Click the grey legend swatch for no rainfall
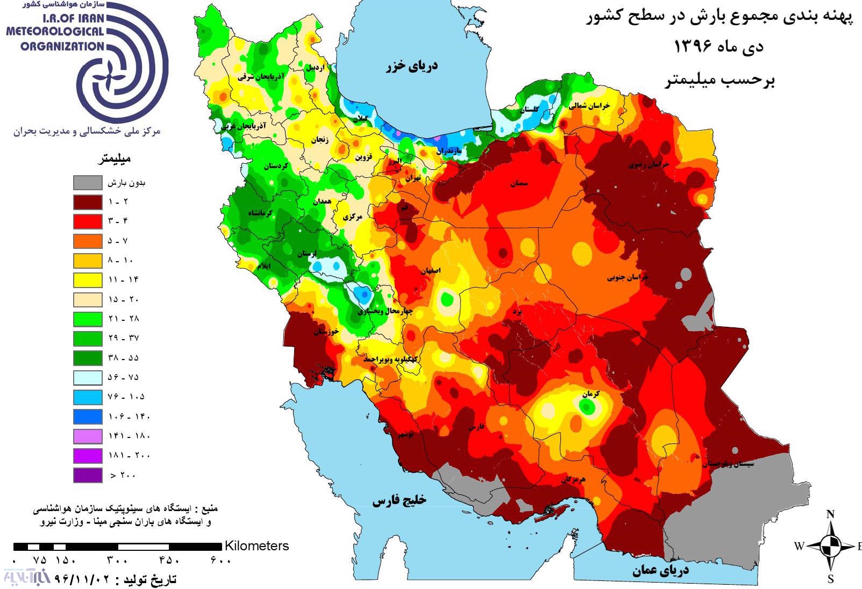[x=88, y=182]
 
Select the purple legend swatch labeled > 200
[x=88, y=475]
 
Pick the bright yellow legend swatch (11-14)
[x=88, y=280]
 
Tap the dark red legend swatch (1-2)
[x=88, y=202]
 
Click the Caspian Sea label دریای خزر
[x=412, y=66]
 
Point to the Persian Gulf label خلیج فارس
[x=399, y=500]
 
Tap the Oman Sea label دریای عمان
[x=660, y=570]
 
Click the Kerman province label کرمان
[x=590, y=394]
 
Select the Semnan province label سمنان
[x=519, y=184]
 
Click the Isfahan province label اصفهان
[x=430, y=271]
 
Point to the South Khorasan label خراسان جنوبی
[x=628, y=277]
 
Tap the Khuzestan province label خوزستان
[x=326, y=332]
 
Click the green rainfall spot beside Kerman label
[x=588, y=407]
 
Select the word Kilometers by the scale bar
[x=257, y=545]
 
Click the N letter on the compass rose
[x=830, y=514]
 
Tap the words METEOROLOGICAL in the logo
[x=54, y=32]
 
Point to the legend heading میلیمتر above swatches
[x=114, y=159]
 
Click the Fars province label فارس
[x=476, y=427]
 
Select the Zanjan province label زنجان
[x=319, y=140]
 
